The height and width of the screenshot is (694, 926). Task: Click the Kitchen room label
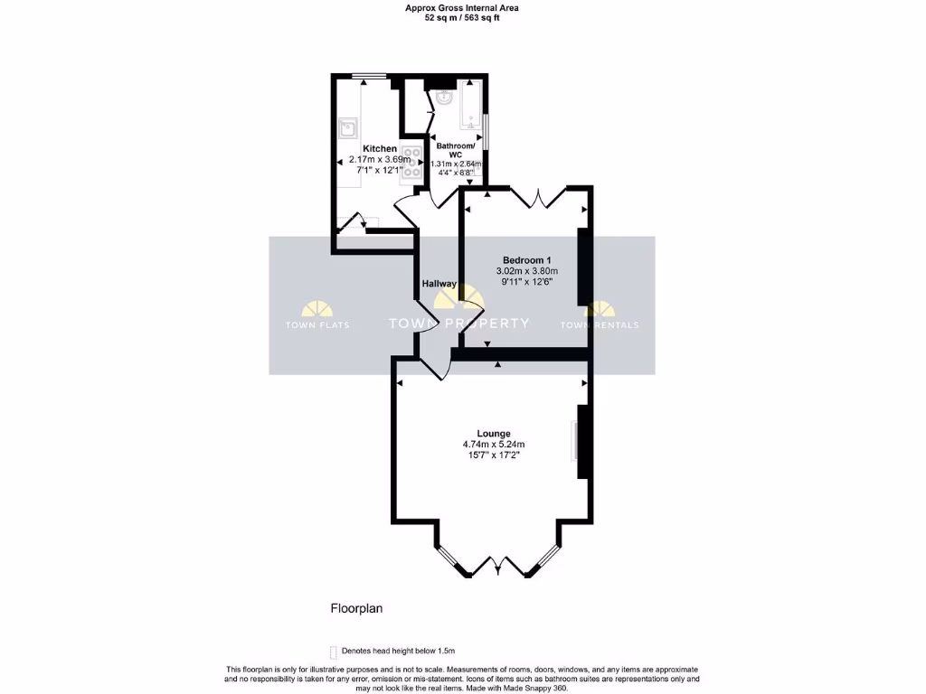tap(379, 148)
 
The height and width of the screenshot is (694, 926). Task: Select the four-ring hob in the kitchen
tap(411, 164)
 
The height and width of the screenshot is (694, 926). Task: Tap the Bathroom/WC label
tap(455, 150)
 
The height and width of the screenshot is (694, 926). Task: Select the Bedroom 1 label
tap(526, 260)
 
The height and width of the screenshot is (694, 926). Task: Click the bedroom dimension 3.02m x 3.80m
tap(526, 271)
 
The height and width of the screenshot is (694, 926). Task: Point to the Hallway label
tap(439, 284)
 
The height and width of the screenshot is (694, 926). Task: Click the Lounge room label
tap(494, 434)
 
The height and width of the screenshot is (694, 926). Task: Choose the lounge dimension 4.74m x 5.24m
tap(494, 445)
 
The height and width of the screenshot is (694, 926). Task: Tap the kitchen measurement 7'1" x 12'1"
tap(379, 170)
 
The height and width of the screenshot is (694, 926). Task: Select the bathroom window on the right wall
tap(487, 130)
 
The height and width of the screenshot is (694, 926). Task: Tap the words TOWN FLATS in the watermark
tap(317, 325)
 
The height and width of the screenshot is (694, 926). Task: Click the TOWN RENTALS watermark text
tap(599, 325)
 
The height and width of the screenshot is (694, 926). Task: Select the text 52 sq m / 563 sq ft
tap(462, 17)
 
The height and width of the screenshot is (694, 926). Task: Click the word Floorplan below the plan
tap(356, 609)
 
